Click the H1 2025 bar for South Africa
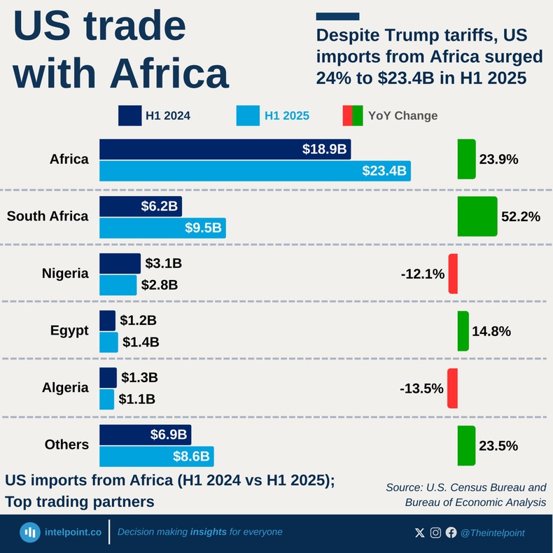pyautogui.click(x=162, y=227)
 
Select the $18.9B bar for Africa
pyautogui.click(x=225, y=149)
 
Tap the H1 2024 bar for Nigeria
pyautogui.click(x=120, y=263)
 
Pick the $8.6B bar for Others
pyautogui.click(x=156, y=456)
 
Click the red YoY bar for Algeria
pyautogui.click(x=453, y=388)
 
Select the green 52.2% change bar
pyautogui.click(x=477, y=216)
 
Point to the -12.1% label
pyautogui.click(x=423, y=274)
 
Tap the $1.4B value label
pyautogui.click(x=141, y=342)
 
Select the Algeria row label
pyautogui.click(x=65, y=388)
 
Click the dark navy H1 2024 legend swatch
pyautogui.click(x=129, y=115)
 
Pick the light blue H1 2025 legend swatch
pyautogui.click(x=247, y=115)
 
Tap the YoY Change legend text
pyautogui.click(x=402, y=116)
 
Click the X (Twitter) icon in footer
pyautogui.click(x=419, y=533)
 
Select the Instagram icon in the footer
pyautogui.click(x=435, y=533)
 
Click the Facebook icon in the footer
pyautogui.click(x=451, y=533)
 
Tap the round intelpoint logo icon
pyautogui.click(x=29, y=532)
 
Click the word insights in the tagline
pyautogui.click(x=208, y=532)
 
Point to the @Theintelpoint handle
pyautogui.click(x=492, y=533)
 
